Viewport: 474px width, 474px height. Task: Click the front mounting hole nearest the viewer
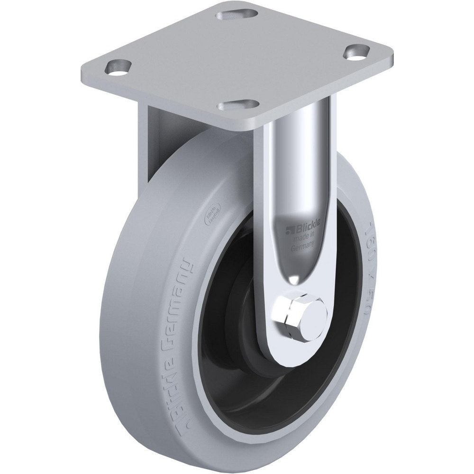click(x=243, y=103)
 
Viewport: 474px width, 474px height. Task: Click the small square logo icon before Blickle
click(x=287, y=231)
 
